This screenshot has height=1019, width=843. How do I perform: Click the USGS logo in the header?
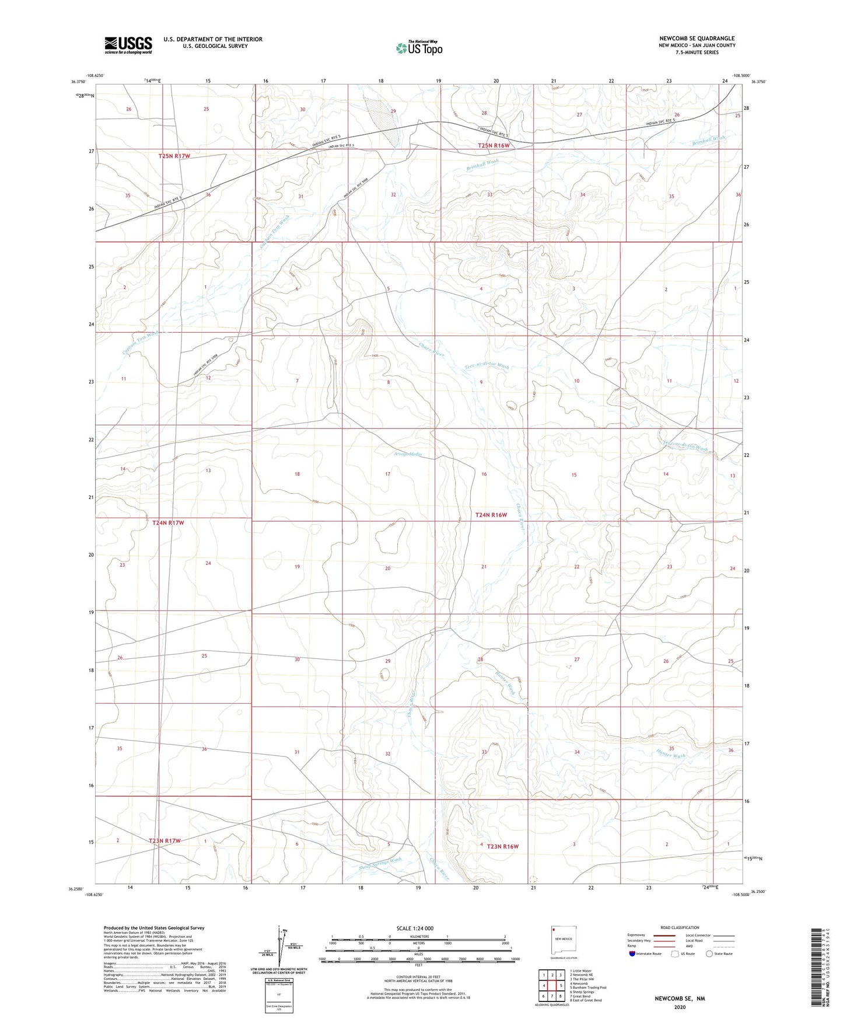coord(128,45)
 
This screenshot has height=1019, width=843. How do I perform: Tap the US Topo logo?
coord(419,48)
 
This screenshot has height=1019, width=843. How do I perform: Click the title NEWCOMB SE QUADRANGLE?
coord(697,39)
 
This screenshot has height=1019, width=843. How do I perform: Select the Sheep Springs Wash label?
coord(380,863)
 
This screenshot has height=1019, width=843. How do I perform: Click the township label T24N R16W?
coord(491,515)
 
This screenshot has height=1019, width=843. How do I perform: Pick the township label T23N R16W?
coord(502,846)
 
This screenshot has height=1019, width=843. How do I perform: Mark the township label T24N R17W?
coord(168,523)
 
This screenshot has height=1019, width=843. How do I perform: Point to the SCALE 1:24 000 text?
coord(415,929)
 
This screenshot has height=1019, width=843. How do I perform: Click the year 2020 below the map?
coord(680,1007)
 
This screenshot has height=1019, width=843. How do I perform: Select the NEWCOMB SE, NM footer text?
coord(680,999)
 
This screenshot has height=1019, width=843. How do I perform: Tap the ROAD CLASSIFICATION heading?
coord(680,927)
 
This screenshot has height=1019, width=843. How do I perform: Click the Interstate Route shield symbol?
coord(633,954)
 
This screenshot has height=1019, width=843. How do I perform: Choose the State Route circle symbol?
coord(709,954)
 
